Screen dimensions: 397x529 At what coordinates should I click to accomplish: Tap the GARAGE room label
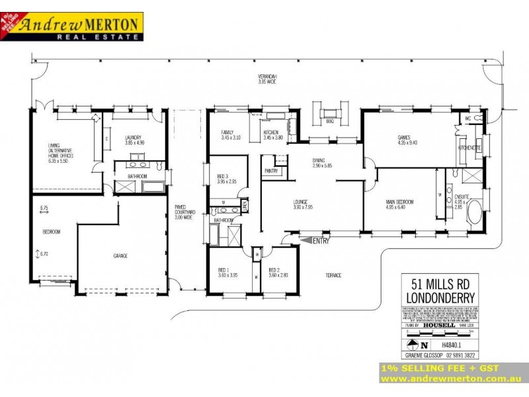pyautogui.click(x=120, y=255)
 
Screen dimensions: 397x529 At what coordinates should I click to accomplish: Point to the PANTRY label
pyautogui.click(x=270, y=171)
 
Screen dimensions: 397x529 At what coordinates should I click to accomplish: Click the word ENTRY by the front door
pyautogui.click(x=321, y=241)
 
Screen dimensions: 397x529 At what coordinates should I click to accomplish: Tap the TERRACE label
pyautogui.click(x=333, y=275)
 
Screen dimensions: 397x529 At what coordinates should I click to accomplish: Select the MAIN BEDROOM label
pyautogui.click(x=399, y=202)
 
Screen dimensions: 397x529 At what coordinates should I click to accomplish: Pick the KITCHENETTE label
pyautogui.click(x=469, y=147)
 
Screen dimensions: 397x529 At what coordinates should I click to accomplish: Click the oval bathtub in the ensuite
pyautogui.click(x=475, y=216)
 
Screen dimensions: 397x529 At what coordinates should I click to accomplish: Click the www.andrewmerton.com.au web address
pyautogui.click(x=452, y=379)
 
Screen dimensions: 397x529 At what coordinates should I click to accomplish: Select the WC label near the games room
pyautogui.click(x=468, y=118)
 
